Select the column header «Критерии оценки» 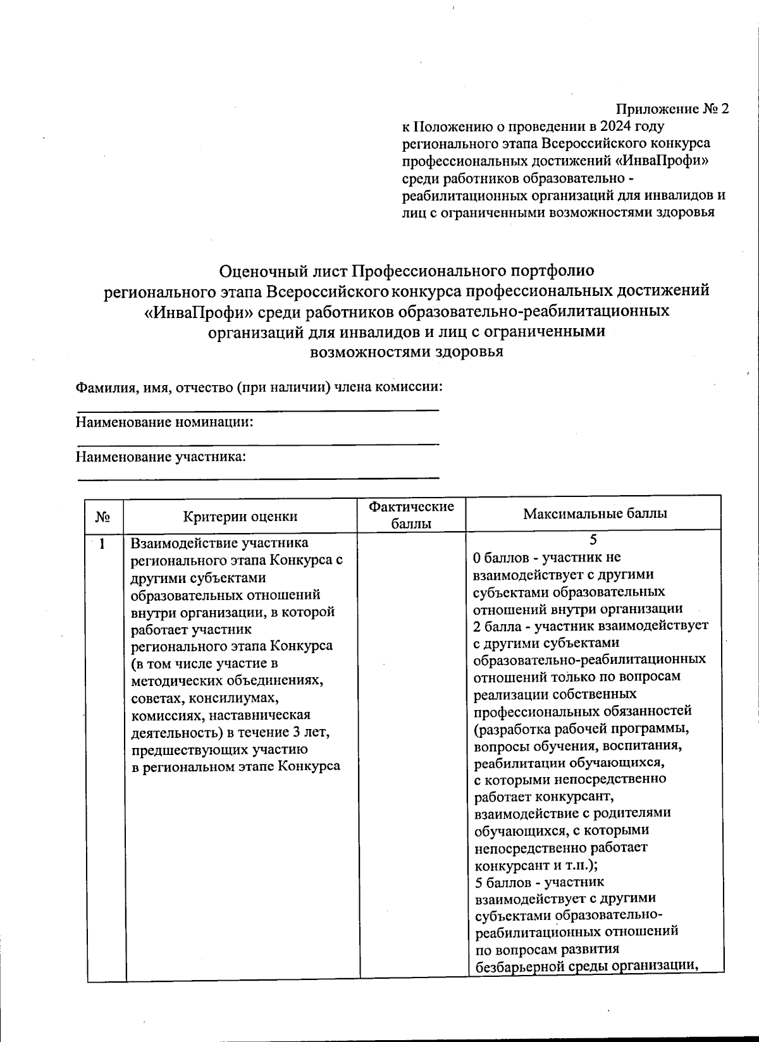(x=240, y=517)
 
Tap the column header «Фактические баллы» (x=412, y=515)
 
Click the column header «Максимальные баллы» (x=595, y=514)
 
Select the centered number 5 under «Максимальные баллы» (x=593, y=540)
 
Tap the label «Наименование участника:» (x=161, y=457)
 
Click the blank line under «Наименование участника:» (x=258, y=478)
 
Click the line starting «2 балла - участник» (x=590, y=626)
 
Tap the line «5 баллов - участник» (x=538, y=882)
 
